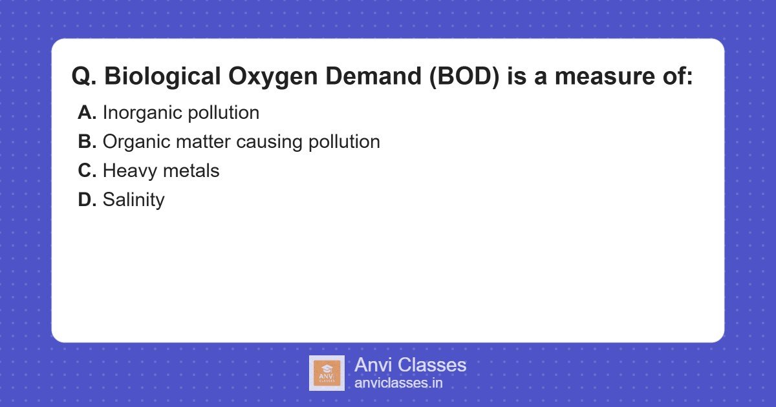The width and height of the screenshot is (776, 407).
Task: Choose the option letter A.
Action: [x=87, y=113]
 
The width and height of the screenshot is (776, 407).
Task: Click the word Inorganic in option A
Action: [x=142, y=113]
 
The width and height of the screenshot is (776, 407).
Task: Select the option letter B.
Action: [x=87, y=142]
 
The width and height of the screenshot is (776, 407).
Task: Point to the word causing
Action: [x=265, y=142]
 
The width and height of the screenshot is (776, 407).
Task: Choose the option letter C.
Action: [x=87, y=171]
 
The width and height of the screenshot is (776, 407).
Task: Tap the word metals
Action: [x=191, y=171]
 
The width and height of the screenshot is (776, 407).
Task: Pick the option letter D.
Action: [x=87, y=200]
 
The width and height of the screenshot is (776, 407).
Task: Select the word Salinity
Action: [x=134, y=200]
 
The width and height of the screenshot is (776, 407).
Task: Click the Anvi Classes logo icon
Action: [x=327, y=373]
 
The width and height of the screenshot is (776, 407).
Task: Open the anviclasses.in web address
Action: [x=398, y=383]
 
